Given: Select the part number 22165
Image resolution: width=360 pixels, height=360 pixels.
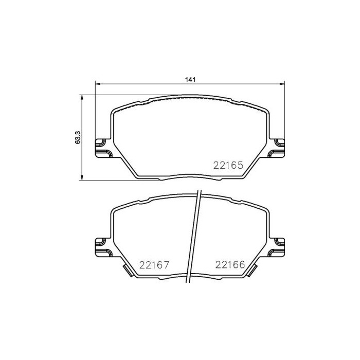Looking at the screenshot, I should coord(228,166).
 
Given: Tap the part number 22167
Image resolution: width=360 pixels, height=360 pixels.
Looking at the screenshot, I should coord(154,265).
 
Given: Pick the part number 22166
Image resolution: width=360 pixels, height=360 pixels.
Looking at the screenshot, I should coord(229,265).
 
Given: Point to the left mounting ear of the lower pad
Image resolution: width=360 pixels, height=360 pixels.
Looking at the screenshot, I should coord(102,247).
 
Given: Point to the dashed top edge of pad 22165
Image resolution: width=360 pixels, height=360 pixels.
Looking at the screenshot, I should coord(190,98).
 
